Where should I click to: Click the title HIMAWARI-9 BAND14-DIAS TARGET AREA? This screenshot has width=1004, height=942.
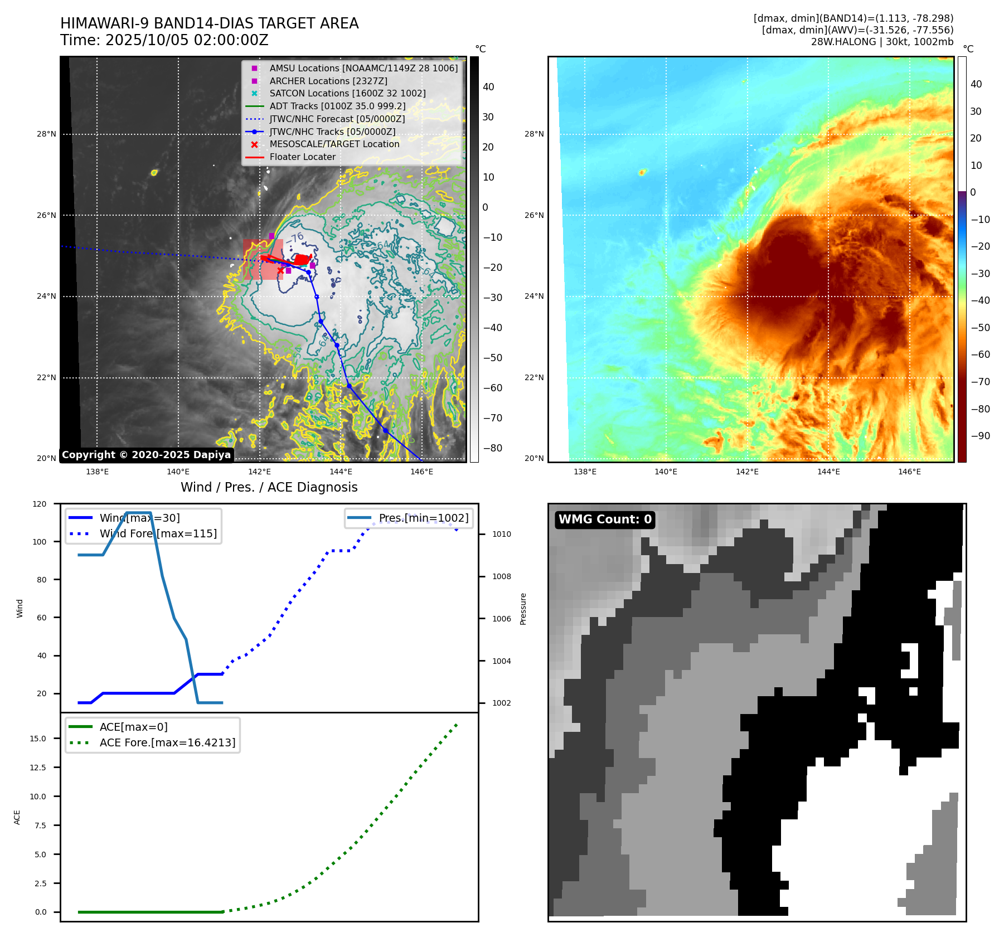coord(209,23)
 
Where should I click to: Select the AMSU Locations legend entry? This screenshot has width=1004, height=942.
coord(363,68)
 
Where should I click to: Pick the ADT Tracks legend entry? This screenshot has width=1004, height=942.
coord(337,106)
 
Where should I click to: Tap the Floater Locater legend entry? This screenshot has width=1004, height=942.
coord(302,157)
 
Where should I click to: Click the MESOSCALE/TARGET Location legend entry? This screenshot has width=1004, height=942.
coord(334,144)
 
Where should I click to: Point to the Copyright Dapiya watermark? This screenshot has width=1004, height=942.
coord(146,455)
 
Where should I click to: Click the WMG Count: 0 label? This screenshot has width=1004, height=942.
coord(605,519)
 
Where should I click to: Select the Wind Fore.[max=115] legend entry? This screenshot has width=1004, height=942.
coord(158,533)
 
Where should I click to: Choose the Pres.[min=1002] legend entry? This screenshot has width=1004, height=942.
coord(423,518)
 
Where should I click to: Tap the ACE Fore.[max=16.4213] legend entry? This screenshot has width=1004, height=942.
coord(167,742)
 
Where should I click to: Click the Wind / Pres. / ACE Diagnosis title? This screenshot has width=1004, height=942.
coord(269,487)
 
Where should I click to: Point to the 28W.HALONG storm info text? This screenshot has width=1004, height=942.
coord(882,42)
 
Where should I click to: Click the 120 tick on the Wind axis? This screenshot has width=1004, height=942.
coord(40,504)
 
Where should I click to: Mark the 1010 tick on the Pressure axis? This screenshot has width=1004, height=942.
coord(501,534)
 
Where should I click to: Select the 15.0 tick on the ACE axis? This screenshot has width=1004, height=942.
coord(38,739)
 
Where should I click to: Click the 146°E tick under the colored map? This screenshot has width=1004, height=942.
coord(909,472)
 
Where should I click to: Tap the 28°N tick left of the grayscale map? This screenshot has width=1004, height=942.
coord(46,134)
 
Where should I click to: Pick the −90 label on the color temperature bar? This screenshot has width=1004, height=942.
coord(980,436)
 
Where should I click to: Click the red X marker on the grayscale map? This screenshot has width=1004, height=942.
coord(280,270)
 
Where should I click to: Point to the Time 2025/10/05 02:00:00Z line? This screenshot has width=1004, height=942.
coord(164,40)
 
